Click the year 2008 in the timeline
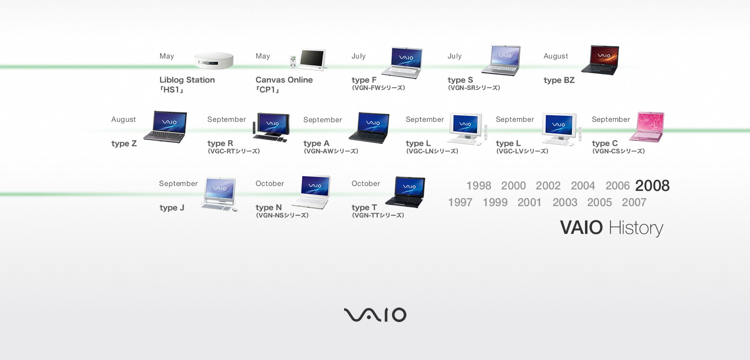pyautogui.click(x=652, y=186)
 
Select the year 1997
pyautogui.click(x=460, y=202)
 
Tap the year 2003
pyautogui.click(x=565, y=202)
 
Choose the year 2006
pyautogui.click(x=617, y=186)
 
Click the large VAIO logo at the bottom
pyautogui.click(x=375, y=315)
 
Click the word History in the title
pyautogui.click(x=636, y=228)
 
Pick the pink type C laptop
pyautogui.click(x=647, y=127)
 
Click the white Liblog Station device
pyautogui.click(x=214, y=60)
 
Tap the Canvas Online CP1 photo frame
pyautogui.click(x=308, y=60)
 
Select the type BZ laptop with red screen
pyautogui.click(x=600, y=60)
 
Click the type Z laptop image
pyautogui.click(x=165, y=127)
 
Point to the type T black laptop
pyautogui.click(x=405, y=192)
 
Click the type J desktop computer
pyautogui.click(x=219, y=194)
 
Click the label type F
pyautogui.click(x=364, y=80)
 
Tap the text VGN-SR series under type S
pyautogui.click(x=474, y=88)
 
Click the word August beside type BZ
pyautogui.click(x=555, y=56)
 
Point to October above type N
pyautogui.click(x=270, y=184)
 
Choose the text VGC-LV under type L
pyautogui.click(x=522, y=151)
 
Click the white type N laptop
pyautogui.click(x=312, y=192)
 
